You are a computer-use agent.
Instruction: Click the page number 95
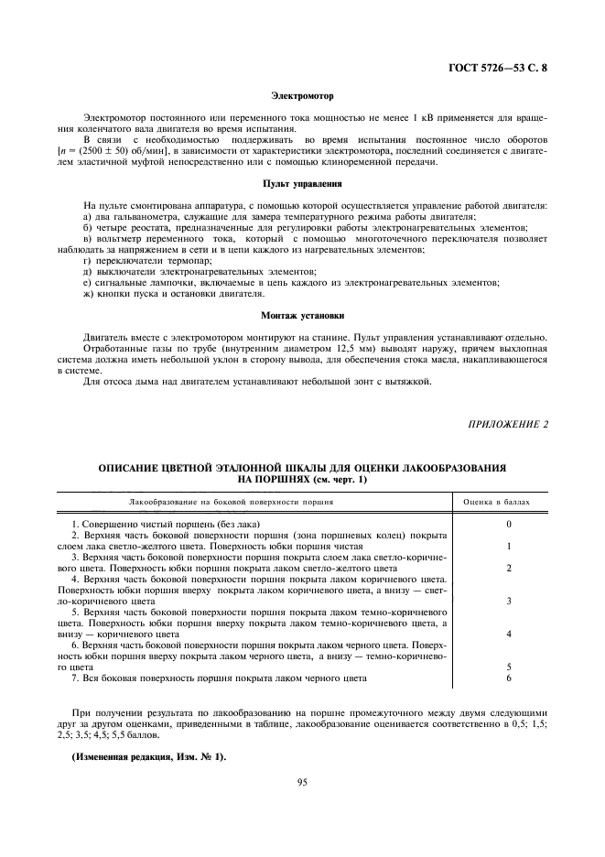coord(302,782)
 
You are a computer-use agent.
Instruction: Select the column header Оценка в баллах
coord(495,503)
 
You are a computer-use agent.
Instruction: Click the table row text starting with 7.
coord(218,678)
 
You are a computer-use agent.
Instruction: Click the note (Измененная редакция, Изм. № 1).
coord(147,756)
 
